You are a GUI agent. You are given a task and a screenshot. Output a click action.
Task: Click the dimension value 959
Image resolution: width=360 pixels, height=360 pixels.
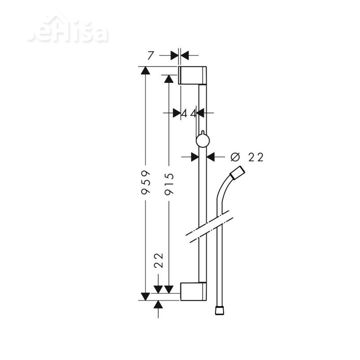point(145,183)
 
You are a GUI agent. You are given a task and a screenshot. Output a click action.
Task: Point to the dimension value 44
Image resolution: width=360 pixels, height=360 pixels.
point(189,113)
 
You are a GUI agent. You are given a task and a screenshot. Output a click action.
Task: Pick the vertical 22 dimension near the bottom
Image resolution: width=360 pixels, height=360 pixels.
point(158,260)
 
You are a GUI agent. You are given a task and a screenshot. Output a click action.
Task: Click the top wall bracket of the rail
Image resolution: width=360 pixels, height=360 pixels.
point(193,75)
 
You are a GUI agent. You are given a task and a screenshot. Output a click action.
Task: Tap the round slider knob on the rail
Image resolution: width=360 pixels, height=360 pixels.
point(203,141)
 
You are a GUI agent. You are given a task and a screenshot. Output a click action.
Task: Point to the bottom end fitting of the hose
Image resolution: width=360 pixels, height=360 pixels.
point(219,310)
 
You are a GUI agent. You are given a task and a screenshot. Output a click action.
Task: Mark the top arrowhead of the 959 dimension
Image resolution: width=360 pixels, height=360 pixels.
point(145,71)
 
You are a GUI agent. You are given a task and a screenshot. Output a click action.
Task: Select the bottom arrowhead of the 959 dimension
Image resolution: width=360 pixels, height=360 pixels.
point(145,295)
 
